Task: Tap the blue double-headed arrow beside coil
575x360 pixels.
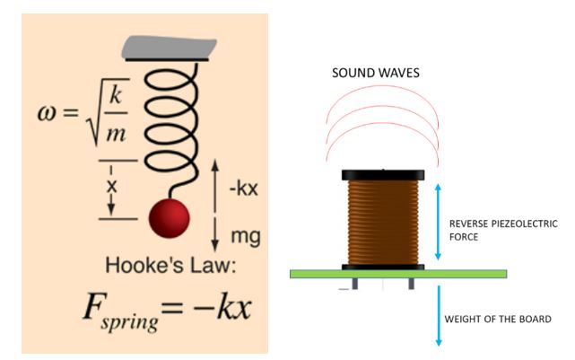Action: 437,224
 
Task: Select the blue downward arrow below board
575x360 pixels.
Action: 437,314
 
